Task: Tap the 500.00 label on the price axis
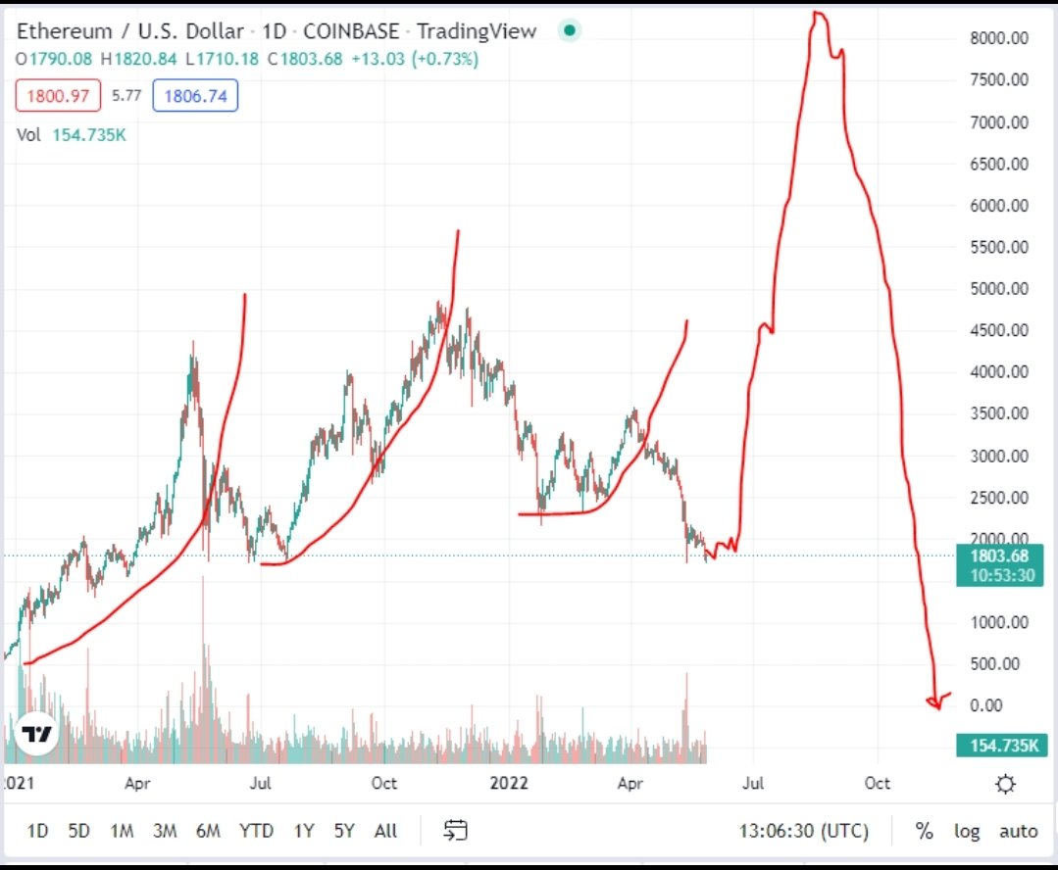point(998,664)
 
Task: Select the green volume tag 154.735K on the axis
point(999,747)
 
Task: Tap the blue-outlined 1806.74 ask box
point(200,96)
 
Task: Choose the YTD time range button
point(256,831)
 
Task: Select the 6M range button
point(208,831)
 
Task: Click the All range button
point(385,831)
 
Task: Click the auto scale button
point(1018,831)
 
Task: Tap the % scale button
point(924,831)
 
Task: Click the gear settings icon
point(1004,784)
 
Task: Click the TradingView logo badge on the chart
point(36,735)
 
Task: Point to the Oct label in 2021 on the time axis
point(384,783)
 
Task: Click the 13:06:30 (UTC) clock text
point(803,831)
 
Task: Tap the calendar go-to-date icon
point(455,831)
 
